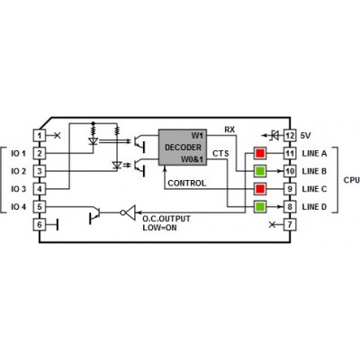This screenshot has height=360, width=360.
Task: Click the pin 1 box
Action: tap(40, 135)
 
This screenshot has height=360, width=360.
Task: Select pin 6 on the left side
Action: tap(40, 224)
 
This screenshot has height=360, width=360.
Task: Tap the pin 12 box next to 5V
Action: tap(290, 135)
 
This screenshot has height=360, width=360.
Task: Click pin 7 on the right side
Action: tap(290, 224)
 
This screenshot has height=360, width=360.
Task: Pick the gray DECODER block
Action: tap(183, 147)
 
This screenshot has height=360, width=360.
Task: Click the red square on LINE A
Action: tap(260, 153)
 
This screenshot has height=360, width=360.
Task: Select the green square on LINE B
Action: tap(260, 171)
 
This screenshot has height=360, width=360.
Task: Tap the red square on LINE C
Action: tap(260, 189)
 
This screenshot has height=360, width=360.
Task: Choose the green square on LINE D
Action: tap(260, 207)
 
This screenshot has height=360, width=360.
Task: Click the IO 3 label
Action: tap(19, 189)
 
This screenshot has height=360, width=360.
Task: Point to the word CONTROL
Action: tap(187, 183)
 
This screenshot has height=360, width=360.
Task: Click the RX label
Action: tap(229, 130)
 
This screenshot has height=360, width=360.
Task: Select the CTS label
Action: tap(220, 153)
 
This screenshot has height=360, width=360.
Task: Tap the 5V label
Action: tap(306, 136)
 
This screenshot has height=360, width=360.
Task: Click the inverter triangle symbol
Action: tap(130, 212)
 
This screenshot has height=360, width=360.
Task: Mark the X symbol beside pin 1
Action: tap(57, 135)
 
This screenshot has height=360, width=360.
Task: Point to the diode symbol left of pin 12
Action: tap(273, 135)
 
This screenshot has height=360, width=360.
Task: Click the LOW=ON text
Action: tap(159, 228)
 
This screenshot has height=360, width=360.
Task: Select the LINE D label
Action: tap(314, 207)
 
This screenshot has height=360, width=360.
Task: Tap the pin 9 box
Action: tap(290, 189)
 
